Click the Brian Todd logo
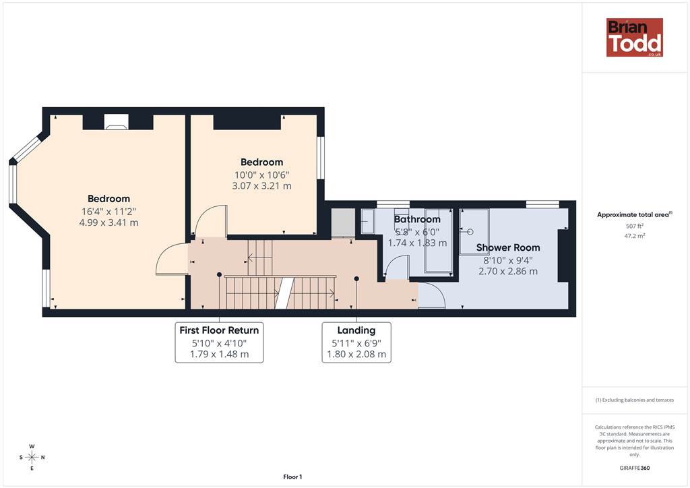click(635, 37)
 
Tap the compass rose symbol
click(32, 457)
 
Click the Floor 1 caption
click(292, 477)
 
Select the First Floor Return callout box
click(219, 342)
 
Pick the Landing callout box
click(356, 342)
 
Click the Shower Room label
click(508, 248)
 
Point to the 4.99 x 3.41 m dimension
click(108, 222)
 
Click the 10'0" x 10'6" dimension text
click(262, 175)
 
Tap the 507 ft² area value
click(634, 226)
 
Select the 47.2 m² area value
click(634, 236)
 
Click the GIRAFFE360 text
click(634, 468)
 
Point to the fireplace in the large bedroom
click(117, 122)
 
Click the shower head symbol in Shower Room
click(469, 231)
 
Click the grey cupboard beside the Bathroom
click(343, 223)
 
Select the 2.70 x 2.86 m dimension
click(508, 272)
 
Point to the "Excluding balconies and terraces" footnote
click(635, 400)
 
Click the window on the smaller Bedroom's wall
click(321, 158)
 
